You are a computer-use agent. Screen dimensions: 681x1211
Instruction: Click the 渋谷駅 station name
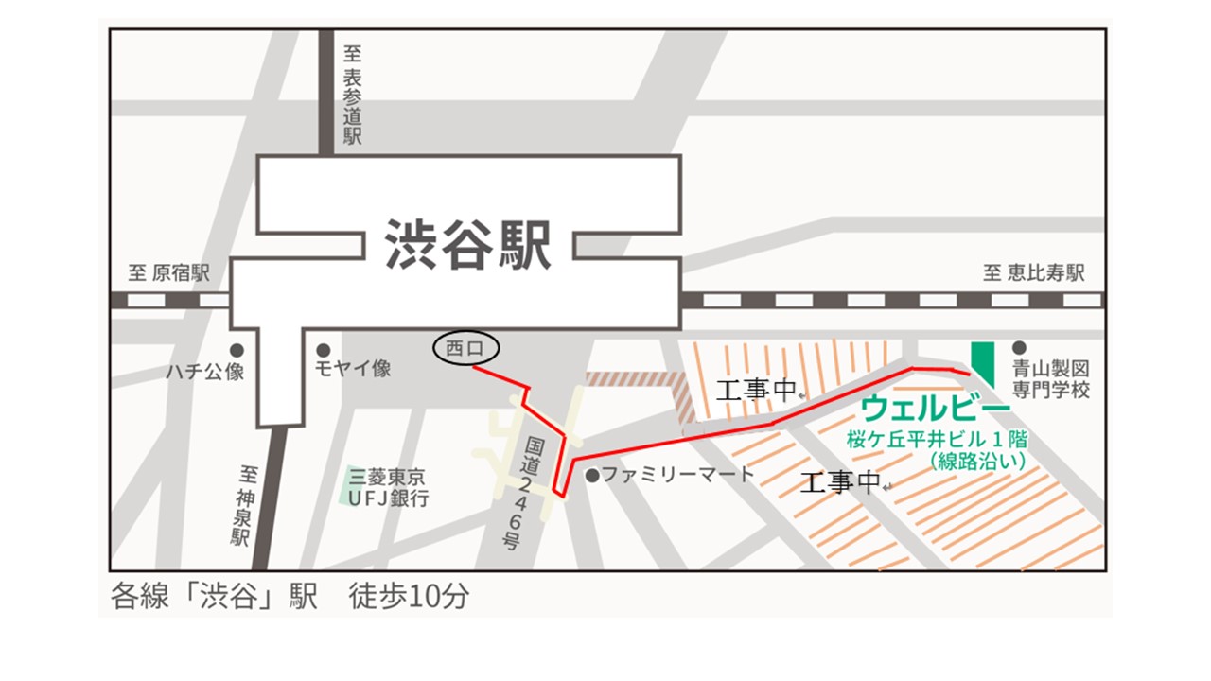467,246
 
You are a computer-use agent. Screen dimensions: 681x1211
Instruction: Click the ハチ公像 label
204,372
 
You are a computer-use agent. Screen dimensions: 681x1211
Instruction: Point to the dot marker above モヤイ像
323,349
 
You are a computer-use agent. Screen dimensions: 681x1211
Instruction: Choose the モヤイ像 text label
353,369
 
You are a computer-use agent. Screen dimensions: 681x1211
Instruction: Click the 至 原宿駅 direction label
168,274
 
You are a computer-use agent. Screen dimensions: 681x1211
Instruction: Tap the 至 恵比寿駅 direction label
1033,274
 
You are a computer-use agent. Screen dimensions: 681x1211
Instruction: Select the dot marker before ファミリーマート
592,475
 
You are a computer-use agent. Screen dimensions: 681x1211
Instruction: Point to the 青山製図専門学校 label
1052,378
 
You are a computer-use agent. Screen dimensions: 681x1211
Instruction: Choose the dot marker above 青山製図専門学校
1019,348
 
